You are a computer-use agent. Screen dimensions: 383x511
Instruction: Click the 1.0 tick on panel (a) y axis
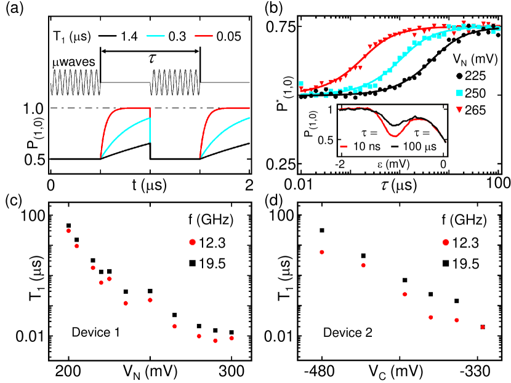coord(32,108)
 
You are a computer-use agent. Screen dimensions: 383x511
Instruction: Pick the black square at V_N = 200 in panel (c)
coord(68,226)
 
